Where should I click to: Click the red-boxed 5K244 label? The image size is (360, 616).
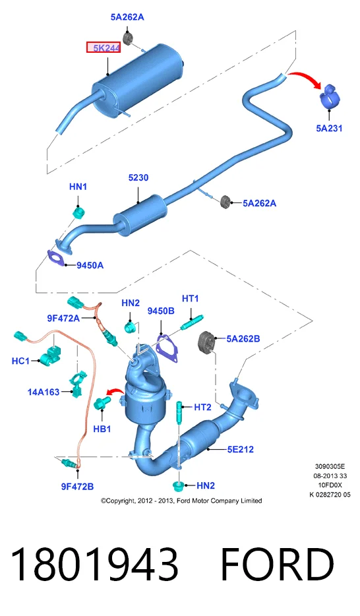104,48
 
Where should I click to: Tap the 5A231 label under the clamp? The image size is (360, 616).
329,128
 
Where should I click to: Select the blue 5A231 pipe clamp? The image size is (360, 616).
330,96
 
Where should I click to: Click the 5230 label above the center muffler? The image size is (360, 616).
138,177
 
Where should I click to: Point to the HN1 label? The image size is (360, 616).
78,187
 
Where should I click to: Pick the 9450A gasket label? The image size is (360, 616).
90,266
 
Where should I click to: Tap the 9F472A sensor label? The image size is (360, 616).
63,318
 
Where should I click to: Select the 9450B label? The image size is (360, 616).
161,311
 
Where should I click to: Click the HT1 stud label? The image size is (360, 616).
191,299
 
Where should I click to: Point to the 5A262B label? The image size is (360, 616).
243,338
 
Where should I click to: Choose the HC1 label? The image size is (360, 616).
20,361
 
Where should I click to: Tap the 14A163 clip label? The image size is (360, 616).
43,392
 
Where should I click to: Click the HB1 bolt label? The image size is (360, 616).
102,429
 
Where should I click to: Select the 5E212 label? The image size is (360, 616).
240,449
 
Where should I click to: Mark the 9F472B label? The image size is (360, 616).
77,486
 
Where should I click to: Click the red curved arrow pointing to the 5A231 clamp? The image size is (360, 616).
306,77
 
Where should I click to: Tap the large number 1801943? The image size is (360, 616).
94,564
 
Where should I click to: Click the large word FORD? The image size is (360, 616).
278,564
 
